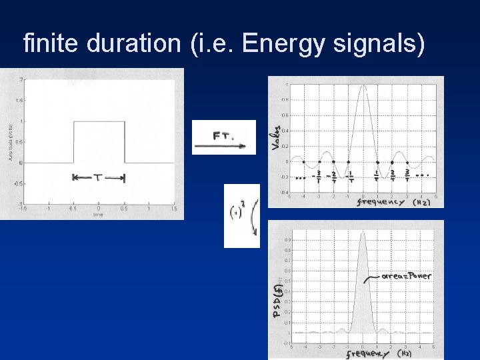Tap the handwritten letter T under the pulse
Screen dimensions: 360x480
tap(98, 178)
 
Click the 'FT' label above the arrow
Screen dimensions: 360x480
tap(222, 135)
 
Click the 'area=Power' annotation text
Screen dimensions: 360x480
tap(407, 275)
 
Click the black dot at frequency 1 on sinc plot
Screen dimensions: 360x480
tap(377, 162)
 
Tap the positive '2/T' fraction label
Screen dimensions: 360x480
tap(392, 177)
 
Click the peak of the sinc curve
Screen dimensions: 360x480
tap(363, 86)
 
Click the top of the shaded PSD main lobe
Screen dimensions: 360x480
tap(363, 234)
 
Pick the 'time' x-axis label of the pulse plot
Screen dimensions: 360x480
tap(98, 215)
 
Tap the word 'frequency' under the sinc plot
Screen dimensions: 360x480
tap(380, 201)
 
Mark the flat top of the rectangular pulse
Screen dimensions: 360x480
tap(98, 121)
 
